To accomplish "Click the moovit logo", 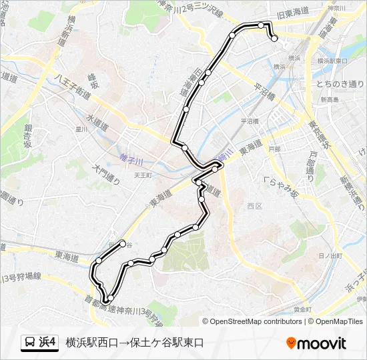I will [316, 343].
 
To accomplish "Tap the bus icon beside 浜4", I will [30, 343].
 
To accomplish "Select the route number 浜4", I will [48, 343].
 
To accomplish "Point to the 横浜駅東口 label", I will [332, 61].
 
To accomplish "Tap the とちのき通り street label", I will [341, 85].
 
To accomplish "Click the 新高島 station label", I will [329, 99].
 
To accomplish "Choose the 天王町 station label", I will [143, 175].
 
